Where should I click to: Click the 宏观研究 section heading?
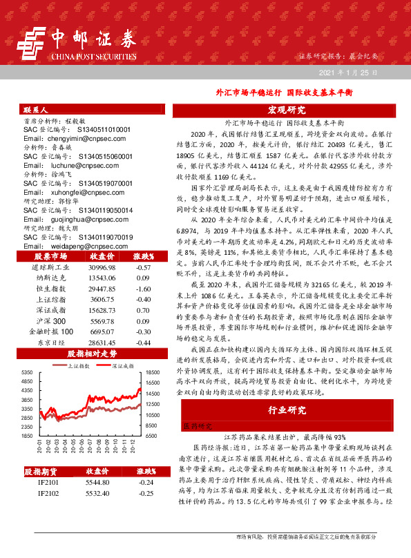pos(286,110)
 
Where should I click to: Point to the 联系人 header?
pos(36,110)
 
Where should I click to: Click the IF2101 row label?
pos(48,482)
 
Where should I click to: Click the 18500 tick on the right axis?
pos(151,372)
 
